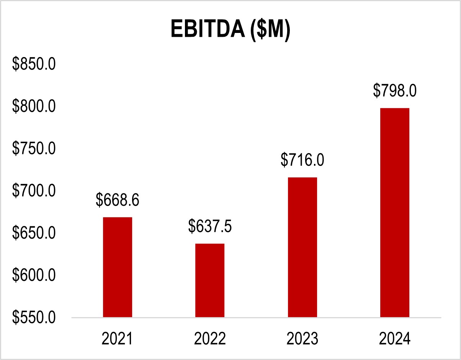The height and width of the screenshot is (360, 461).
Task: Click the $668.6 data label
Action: pyautogui.click(x=118, y=200)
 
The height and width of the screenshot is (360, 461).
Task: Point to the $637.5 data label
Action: pyautogui.click(x=210, y=227)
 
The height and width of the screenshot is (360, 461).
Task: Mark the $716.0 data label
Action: pyautogui.click(x=302, y=160)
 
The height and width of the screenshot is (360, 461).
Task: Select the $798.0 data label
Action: pyautogui.click(x=395, y=91)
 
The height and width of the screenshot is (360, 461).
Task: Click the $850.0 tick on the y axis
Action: pyautogui.click(x=34, y=64)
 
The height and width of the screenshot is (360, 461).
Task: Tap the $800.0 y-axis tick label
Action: pyautogui.click(x=34, y=106)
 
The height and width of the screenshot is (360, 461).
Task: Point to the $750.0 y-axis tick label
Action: pyautogui.click(x=34, y=149)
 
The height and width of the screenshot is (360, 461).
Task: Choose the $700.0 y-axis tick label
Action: pyautogui.click(x=34, y=191)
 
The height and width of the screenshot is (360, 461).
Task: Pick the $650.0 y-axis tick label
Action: pyautogui.click(x=34, y=233)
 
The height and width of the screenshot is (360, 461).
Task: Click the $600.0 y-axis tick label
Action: pyautogui.click(x=34, y=275)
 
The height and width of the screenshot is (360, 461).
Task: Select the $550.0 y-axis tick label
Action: pyautogui.click(x=34, y=317)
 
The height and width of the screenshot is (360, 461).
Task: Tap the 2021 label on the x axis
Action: pyautogui.click(x=118, y=339)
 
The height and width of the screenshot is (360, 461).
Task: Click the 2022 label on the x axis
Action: pyautogui.click(x=210, y=339)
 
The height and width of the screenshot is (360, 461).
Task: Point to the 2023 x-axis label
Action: pyautogui.click(x=302, y=339)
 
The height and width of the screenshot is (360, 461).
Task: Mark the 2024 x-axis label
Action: pyautogui.click(x=395, y=339)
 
